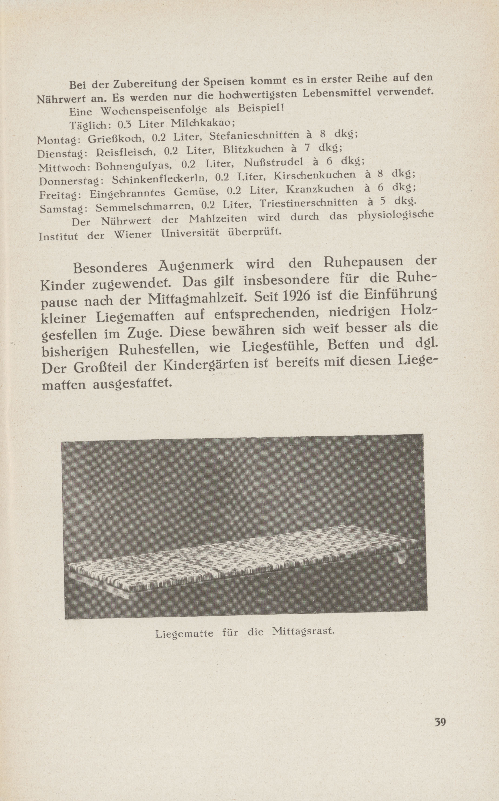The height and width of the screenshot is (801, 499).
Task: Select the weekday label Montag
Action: click(57, 140)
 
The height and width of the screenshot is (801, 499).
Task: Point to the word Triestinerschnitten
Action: click(308, 202)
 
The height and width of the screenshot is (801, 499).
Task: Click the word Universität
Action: click(190, 233)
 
